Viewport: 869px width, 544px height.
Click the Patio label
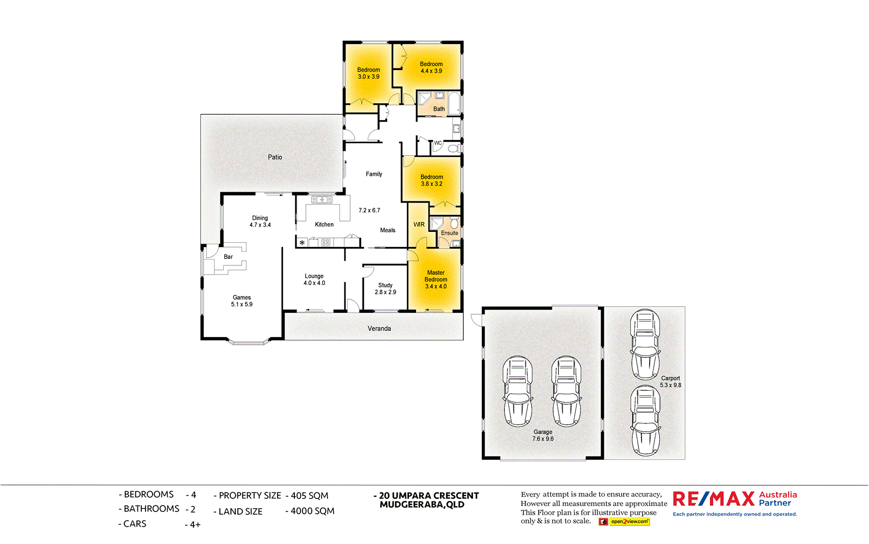click(275, 157)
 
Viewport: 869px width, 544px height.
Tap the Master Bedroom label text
click(436, 280)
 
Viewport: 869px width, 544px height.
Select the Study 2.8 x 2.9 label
click(385, 289)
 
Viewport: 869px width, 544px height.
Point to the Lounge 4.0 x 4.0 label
click(314, 280)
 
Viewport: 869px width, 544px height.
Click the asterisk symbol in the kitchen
click(302, 243)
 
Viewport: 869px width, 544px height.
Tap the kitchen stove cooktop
click(326, 243)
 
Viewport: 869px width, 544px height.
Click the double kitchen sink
click(322, 200)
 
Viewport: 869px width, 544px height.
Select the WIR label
click(419, 224)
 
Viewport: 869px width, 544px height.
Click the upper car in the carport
click(645, 344)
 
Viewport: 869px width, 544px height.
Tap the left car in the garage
click(517, 391)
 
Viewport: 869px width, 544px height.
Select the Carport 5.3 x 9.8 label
click(670, 382)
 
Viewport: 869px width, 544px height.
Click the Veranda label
click(379, 328)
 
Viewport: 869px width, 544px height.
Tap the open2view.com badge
click(629, 522)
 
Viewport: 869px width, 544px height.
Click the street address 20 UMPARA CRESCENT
click(429, 496)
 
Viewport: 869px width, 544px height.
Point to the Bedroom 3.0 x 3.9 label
click(368, 73)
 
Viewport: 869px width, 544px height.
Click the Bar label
click(228, 257)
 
